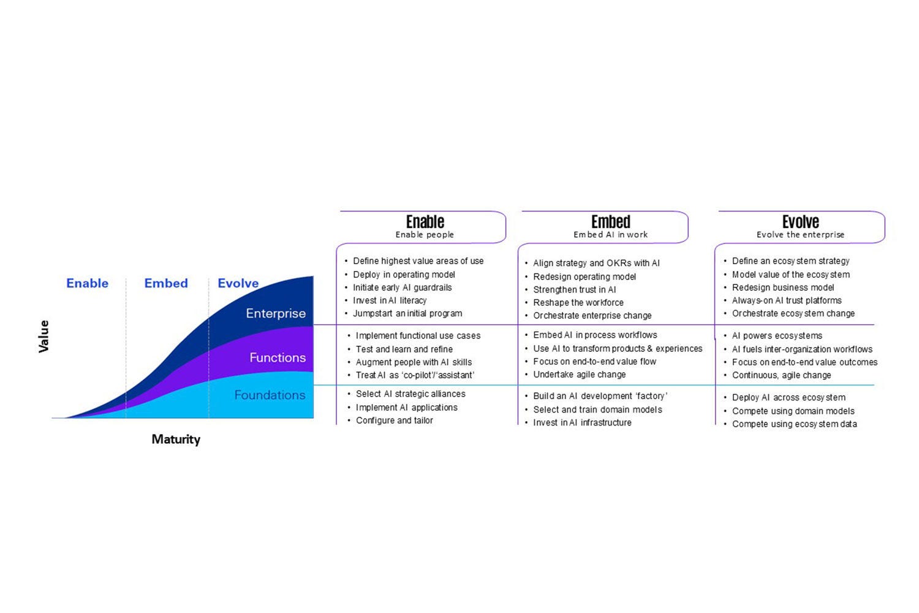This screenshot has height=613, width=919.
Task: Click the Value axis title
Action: tap(43, 337)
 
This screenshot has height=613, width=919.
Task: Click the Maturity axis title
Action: tap(176, 440)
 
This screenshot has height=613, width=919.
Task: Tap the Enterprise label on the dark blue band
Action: tap(276, 313)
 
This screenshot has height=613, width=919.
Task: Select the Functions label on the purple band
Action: tap(278, 357)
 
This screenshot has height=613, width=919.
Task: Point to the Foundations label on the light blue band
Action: tap(270, 395)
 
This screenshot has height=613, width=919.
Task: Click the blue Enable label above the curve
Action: tap(87, 283)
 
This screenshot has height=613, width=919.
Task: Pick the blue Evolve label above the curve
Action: tap(238, 283)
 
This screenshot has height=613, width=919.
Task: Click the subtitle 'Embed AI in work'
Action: tap(610, 235)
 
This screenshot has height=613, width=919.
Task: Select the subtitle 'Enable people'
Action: tap(425, 235)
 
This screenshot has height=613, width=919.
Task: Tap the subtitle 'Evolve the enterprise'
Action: tap(800, 235)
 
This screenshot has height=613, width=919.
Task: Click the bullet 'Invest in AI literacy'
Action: tap(390, 300)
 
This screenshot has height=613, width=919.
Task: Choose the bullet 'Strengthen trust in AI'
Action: tap(574, 290)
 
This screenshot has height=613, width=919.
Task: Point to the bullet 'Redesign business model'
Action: tap(783, 287)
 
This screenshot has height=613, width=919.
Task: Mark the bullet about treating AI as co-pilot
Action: tap(415, 375)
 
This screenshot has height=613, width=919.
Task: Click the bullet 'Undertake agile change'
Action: tap(579, 375)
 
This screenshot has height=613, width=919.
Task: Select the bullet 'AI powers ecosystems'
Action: tap(777, 336)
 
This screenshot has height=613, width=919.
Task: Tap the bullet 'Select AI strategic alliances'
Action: tap(410, 394)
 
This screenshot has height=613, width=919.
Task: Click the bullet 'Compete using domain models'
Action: tap(793, 411)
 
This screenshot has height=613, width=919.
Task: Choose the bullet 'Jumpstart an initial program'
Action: tap(407, 313)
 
